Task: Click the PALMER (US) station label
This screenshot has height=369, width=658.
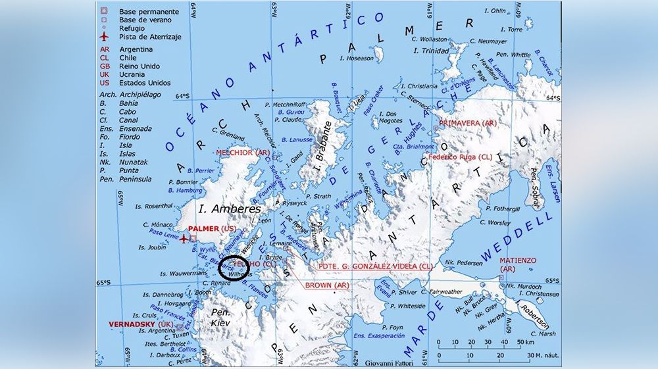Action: [x=211, y=228]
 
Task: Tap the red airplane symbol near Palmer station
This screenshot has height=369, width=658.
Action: [x=184, y=238]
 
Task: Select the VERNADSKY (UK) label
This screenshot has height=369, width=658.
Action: [x=141, y=324]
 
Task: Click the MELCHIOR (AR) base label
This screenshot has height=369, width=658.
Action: [x=242, y=153]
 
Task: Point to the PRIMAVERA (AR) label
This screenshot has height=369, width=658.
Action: [x=467, y=123]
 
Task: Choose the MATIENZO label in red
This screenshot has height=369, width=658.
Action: [x=517, y=260]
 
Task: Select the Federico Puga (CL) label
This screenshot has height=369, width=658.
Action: [x=459, y=157]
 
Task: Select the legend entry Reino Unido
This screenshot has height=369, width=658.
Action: [x=139, y=66]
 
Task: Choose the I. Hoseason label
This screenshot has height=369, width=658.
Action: [x=356, y=58]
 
